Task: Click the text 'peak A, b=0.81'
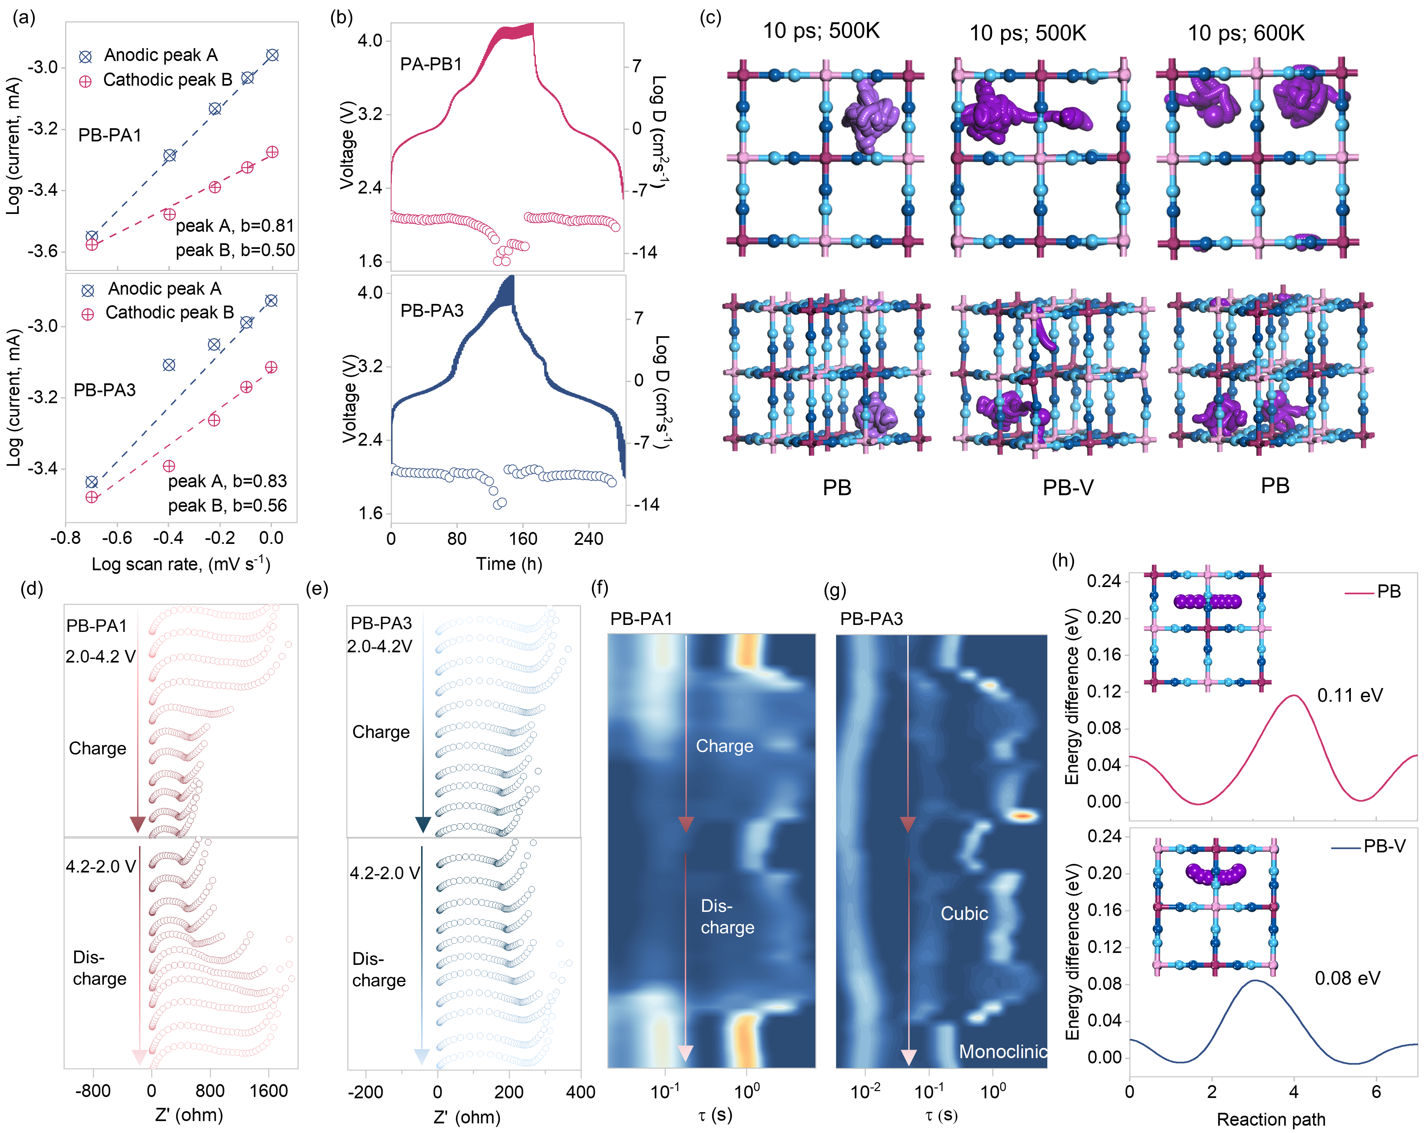pyautogui.click(x=235, y=226)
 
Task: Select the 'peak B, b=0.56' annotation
pyautogui.click(x=227, y=506)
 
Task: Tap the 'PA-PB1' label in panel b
pyautogui.click(x=431, y=64)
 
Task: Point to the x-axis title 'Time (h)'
pyautogui.click(x=509, y=564)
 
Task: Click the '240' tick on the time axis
pyautogui.click(x=588, y=539)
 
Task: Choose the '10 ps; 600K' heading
pyautogui.click(x=1246, y=33)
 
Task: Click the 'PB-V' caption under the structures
pyautogui.click(x=1067, y=488)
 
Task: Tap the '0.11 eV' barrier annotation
pyautogui.click(x=1350, y=696)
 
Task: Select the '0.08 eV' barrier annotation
pyautogui.click(x=1347, y=978)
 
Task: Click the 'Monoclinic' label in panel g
pyautogui.click(x=1003, y=1052)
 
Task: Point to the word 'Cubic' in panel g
pyautogui.click(x=964, y=913)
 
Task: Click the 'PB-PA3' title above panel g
pyautogui.click(x=871, y=619)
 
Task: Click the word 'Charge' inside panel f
pyautogui.click(x=724, y=746)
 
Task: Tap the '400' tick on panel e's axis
pyautogui.click(x=580, y=1092)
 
